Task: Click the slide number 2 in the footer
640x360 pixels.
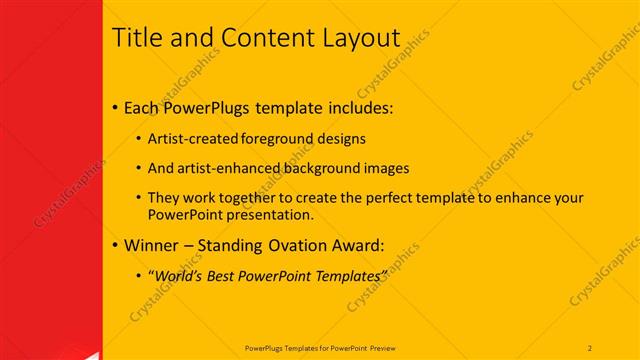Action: [x=590, y=347]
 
